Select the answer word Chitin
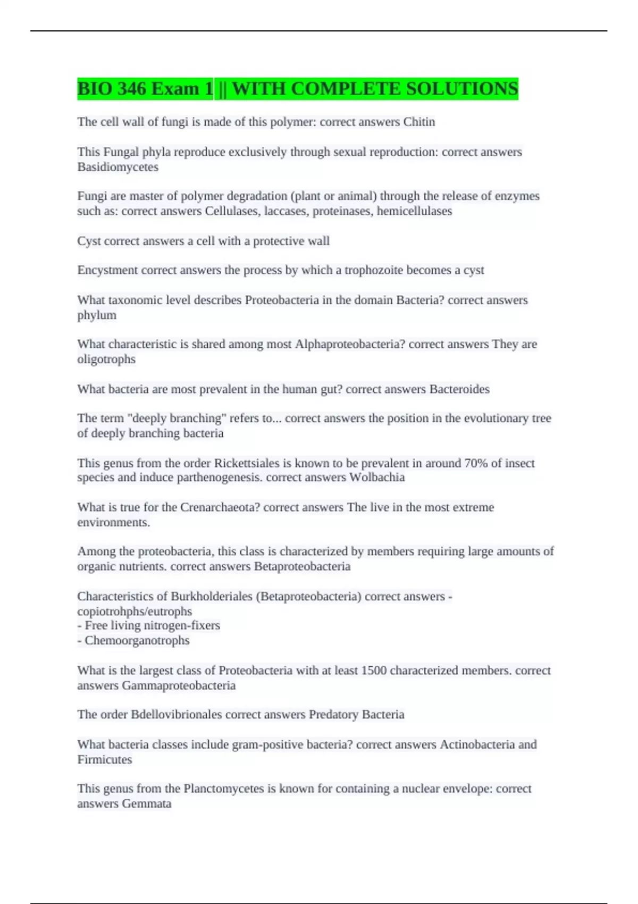pos(419,122)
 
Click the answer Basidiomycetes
pos(117,167)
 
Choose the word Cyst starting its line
pos(89,241)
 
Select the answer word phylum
pos(97,315)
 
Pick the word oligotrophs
pos(106,359)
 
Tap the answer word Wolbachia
pos(377,477)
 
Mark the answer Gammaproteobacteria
pos(179,685)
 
